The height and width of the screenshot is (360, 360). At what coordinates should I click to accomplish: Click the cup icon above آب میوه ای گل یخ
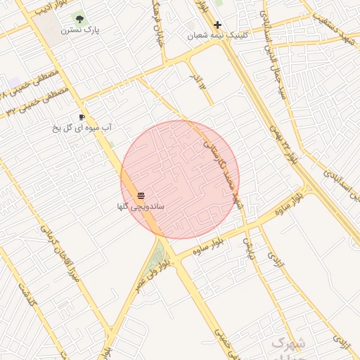[x=82, y=117]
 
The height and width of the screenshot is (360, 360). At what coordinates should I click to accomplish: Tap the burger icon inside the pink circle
[x=141, y=195]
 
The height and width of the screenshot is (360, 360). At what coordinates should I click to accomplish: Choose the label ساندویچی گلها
[x=141, y=207]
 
